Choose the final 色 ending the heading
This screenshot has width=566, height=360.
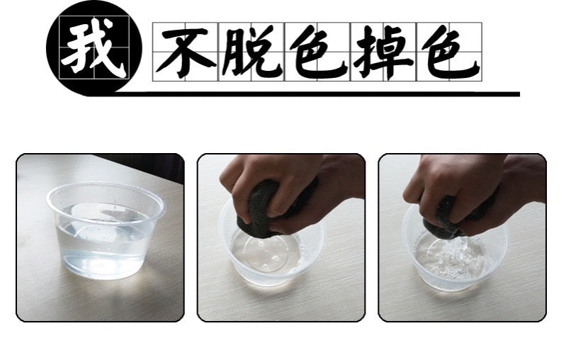(x=450, y=52)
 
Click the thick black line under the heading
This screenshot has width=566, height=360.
(x=317, y=94)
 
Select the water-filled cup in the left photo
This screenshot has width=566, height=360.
(x=106, y=230)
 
